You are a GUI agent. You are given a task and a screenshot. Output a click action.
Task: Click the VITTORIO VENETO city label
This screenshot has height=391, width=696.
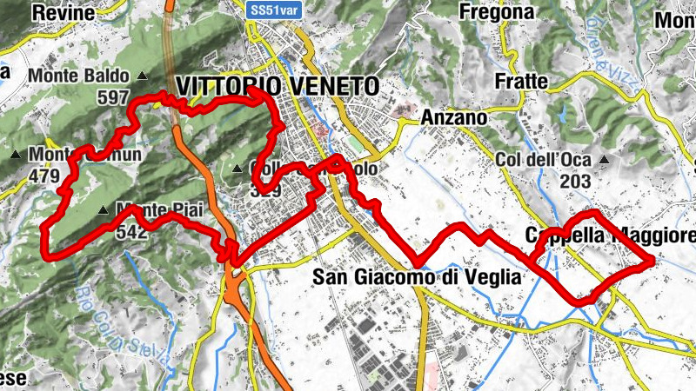278,86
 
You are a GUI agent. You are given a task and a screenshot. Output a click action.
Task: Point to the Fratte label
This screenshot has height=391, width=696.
520,81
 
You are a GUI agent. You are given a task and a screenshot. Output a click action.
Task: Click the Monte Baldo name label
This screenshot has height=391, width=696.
77,76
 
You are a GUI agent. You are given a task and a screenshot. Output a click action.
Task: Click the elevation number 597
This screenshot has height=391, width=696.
114,97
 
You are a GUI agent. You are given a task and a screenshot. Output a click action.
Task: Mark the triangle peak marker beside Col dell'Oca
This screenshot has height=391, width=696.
604,159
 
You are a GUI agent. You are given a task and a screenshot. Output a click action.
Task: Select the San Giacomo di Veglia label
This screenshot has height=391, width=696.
416,277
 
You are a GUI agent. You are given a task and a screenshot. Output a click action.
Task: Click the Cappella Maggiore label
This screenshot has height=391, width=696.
611,235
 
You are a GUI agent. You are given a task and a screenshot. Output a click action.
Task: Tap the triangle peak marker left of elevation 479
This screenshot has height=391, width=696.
15,155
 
